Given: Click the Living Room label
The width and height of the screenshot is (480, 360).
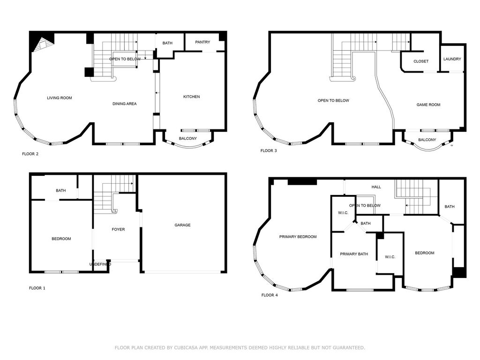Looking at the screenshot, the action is pyautogui.click(x=60, y=98).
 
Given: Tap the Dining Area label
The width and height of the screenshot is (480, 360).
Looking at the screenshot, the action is pyautogui.click(x=125, y=104).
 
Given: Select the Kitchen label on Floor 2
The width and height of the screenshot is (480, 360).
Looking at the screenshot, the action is pyautogui.click(x=192, y=97).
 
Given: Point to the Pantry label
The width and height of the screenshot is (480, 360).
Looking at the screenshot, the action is pyautogui.click(x=202, y=42).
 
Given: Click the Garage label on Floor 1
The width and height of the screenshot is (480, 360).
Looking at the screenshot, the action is pyautogui.click(x=182, y=225).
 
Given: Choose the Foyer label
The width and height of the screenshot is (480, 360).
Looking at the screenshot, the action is pyautogui.click(x=118, y=229).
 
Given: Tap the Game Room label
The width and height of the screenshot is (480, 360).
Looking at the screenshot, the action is pyautogui.click(x=428, y=105).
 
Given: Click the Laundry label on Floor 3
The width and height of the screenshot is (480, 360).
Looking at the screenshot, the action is pyautogui.click(x=452, y=59).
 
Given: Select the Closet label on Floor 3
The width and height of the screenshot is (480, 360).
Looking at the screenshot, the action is pyautogui.click(x=421, y=61).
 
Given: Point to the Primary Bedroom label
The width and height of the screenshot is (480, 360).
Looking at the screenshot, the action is pyautogui.click(x=298, y=237).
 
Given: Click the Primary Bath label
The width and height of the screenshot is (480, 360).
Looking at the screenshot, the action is pyautogui.click(x=354, y=254).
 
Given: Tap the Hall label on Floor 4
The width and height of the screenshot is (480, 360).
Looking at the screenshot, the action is pyautogui.click(x=376, y=187).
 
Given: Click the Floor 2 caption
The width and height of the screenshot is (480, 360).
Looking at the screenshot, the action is pyautogui.click(x=30, y=154).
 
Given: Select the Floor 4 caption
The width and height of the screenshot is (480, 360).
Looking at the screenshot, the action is pyautogui.click(x=270, y=295).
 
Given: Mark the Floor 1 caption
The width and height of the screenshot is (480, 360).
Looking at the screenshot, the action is pyautogui.click(x=37, y=288).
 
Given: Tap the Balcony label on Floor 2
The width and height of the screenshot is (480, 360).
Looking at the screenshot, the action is pyautogui.click(x=188, y=139).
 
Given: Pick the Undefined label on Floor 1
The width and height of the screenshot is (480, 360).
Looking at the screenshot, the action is pyautogui.click(x=100, y=264).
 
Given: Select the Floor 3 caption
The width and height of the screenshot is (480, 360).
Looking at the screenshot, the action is pyautogui.click(x=269, y=150).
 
